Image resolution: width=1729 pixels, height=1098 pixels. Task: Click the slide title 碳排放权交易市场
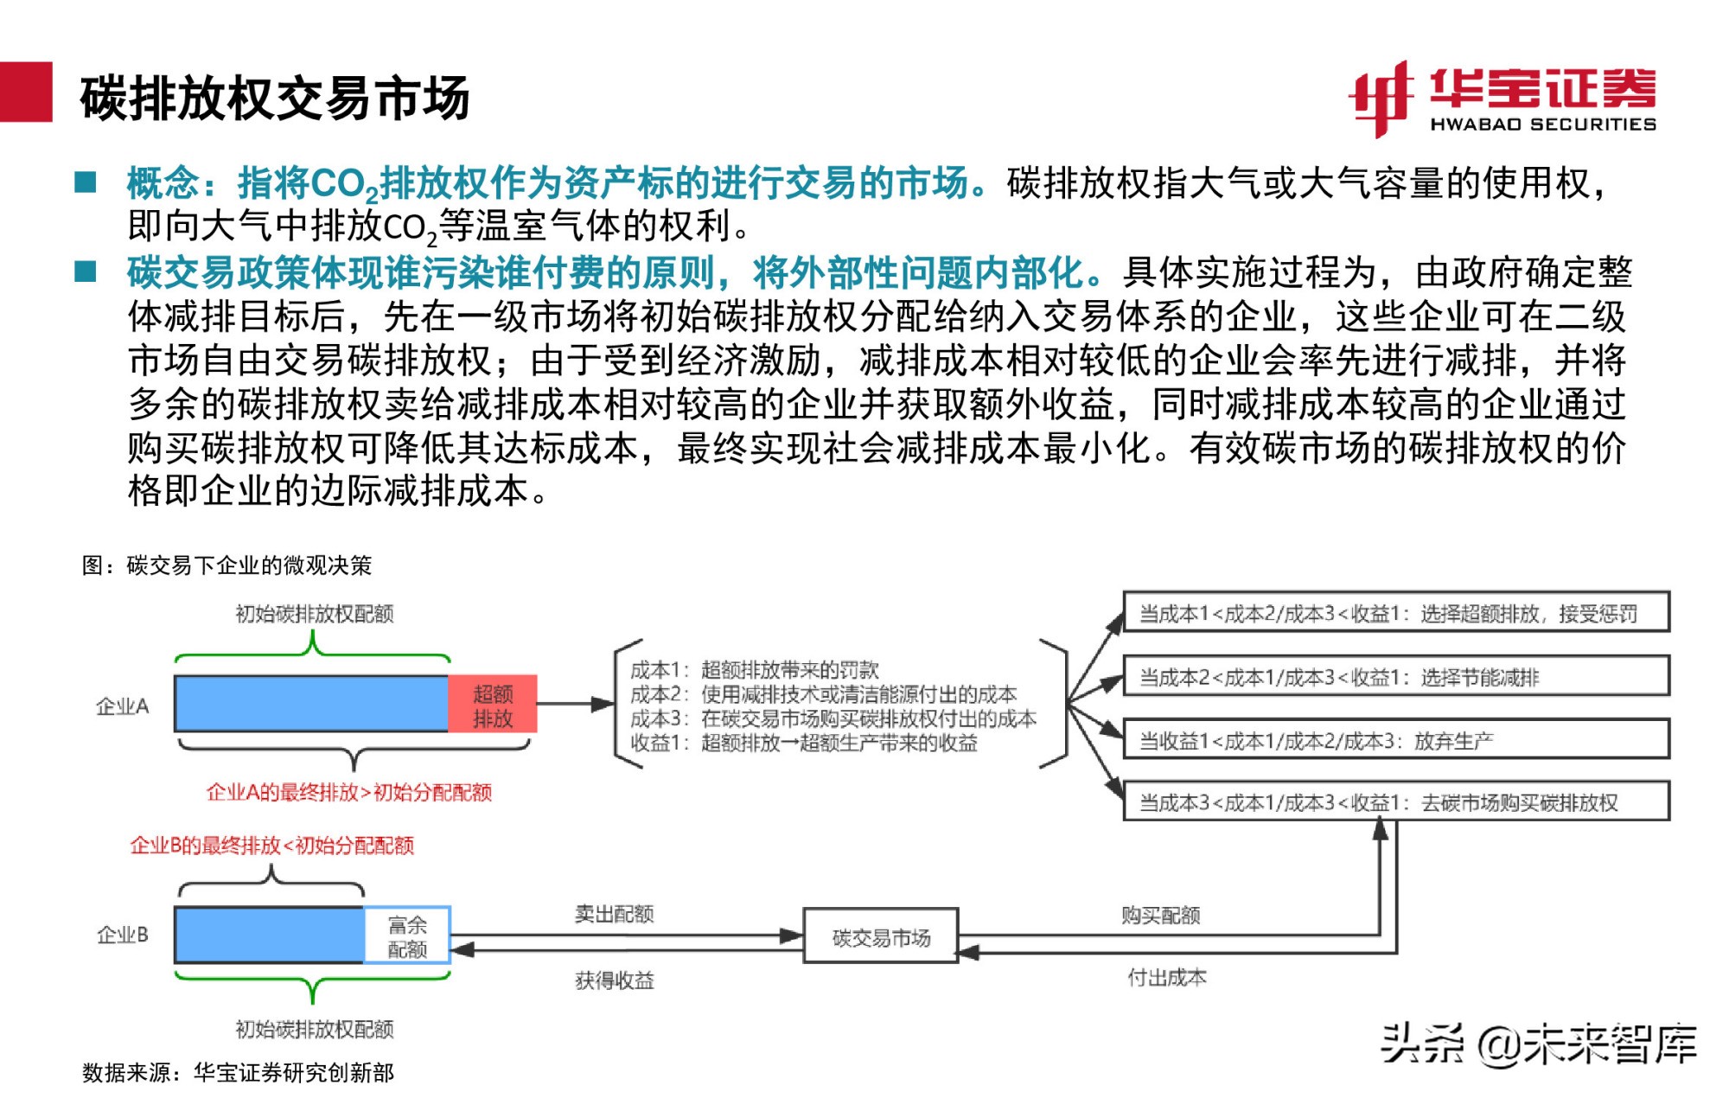tap(275, 98)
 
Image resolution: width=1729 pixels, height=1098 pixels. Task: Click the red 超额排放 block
tap(493, 705)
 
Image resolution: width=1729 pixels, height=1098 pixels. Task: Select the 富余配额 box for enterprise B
tap(407, 936)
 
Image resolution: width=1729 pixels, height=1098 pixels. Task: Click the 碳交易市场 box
tap(881, 936)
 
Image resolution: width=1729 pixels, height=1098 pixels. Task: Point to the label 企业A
tap(122, 706)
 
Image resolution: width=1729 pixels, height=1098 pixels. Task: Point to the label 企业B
tap(122, 935)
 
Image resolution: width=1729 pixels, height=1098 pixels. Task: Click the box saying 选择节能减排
tap(1395, 676)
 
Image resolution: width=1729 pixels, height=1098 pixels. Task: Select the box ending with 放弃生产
tap(1395, 740)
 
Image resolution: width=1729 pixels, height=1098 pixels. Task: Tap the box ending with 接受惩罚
tap(1395, 613)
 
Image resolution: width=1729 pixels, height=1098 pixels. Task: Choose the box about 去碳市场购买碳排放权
tap(1395, 802)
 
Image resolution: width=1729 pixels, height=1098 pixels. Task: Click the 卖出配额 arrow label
tap(614, 914)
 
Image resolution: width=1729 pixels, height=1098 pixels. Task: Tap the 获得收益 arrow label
tap(614, 980)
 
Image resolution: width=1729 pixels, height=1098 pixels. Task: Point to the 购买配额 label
tap(1160, 915)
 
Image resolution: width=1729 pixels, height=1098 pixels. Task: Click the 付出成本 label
tap(1167, 978)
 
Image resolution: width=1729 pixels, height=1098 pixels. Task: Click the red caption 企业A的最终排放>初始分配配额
tap(349, 792)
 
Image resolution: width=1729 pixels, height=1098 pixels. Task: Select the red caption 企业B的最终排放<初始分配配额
tap(271, 845)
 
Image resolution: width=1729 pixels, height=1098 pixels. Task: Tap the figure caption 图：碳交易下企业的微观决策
tap(226, 565)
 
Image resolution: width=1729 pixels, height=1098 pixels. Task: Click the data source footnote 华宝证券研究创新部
tap(238, 1073)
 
